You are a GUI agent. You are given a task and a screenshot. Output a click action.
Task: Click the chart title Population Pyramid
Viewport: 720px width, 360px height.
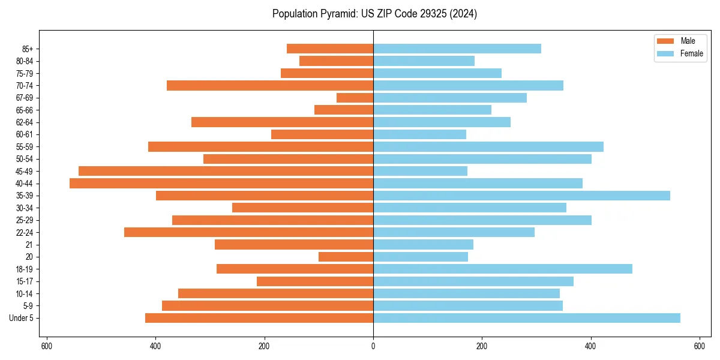(x=374, y=14)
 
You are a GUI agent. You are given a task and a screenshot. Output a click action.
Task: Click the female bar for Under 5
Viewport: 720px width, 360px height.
(x=526, y=318)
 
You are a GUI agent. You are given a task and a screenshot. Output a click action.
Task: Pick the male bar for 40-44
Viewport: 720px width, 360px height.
(x=221, y=184)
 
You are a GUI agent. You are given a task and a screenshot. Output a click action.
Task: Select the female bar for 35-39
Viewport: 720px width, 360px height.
(x=521, y=196)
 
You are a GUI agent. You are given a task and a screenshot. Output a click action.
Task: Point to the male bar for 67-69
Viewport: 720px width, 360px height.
(x=355, y=98)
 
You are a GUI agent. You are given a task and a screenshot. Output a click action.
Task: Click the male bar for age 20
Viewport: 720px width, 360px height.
(x=346, y=257)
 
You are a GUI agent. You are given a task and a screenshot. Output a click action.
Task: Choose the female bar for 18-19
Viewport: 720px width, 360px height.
(x=502, y=269)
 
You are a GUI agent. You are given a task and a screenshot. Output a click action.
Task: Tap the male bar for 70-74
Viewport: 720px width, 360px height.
(x=270, y=86)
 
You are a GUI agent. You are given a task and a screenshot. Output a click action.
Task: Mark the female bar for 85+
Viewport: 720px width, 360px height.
(x=457, y=49)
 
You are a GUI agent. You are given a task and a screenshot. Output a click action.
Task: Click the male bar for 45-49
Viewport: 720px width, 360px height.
(x=226, y=171)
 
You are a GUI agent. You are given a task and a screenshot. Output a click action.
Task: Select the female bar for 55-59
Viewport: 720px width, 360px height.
(x=488, y=147)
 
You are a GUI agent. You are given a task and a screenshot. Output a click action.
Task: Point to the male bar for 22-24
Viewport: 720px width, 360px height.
(x=248, y=232)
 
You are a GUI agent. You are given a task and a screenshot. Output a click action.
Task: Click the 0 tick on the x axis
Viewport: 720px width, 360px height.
(x=373, y=346)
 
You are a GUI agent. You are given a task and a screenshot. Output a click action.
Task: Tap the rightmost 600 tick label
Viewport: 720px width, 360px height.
(x=699, y=346)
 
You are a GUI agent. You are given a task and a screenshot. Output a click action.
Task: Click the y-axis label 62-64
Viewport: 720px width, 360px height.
(x=25, y=122)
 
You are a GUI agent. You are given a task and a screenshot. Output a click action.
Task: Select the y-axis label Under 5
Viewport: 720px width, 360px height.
(x=21, y=318)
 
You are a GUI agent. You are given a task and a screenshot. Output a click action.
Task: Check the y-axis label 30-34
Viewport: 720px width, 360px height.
(x=25, y=208)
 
